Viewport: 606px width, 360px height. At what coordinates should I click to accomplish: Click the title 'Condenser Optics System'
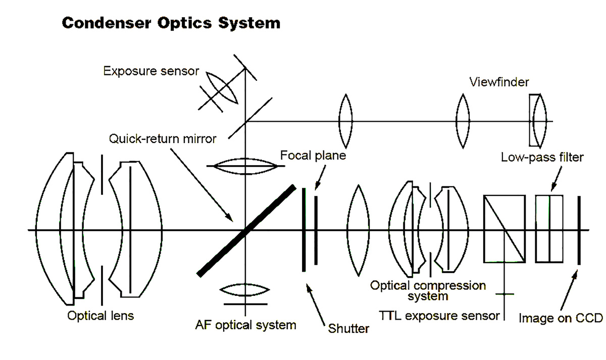[171, 23]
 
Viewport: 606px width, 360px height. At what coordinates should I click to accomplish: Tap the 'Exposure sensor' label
[151, 71]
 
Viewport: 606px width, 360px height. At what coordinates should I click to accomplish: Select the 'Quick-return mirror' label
[163, 139]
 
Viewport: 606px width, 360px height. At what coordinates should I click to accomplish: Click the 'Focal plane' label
[313, 156]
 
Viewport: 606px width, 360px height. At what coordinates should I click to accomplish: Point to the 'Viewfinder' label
[499, 82]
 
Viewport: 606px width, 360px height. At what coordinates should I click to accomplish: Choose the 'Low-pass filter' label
[542, 158]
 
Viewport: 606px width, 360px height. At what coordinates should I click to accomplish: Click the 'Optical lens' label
[100, 316]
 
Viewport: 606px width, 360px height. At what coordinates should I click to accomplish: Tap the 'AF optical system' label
[245, 325]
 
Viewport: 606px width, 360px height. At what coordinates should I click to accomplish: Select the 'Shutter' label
[348, 329]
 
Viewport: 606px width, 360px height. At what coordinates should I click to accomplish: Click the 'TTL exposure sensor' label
[439, 316]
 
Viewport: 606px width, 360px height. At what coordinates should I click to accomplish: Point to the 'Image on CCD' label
[561, 319]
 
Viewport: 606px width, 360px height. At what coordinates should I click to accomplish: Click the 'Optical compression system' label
[428, 291]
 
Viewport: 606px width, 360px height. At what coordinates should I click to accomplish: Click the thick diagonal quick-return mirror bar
[246, 231]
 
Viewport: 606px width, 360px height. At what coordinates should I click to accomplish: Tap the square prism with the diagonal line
[504, 229]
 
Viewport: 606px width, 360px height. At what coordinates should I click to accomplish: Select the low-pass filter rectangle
[549, 229]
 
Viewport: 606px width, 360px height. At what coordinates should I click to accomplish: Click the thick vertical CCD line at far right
[579, 230]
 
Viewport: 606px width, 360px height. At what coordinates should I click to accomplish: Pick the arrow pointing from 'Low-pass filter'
[556, 179]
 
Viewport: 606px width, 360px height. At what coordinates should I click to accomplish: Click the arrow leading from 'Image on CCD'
[569, 290]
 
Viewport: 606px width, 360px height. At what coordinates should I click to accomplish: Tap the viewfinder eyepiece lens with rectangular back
[538, 121]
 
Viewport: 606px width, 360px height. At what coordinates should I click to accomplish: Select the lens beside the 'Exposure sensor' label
[222, 88]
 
